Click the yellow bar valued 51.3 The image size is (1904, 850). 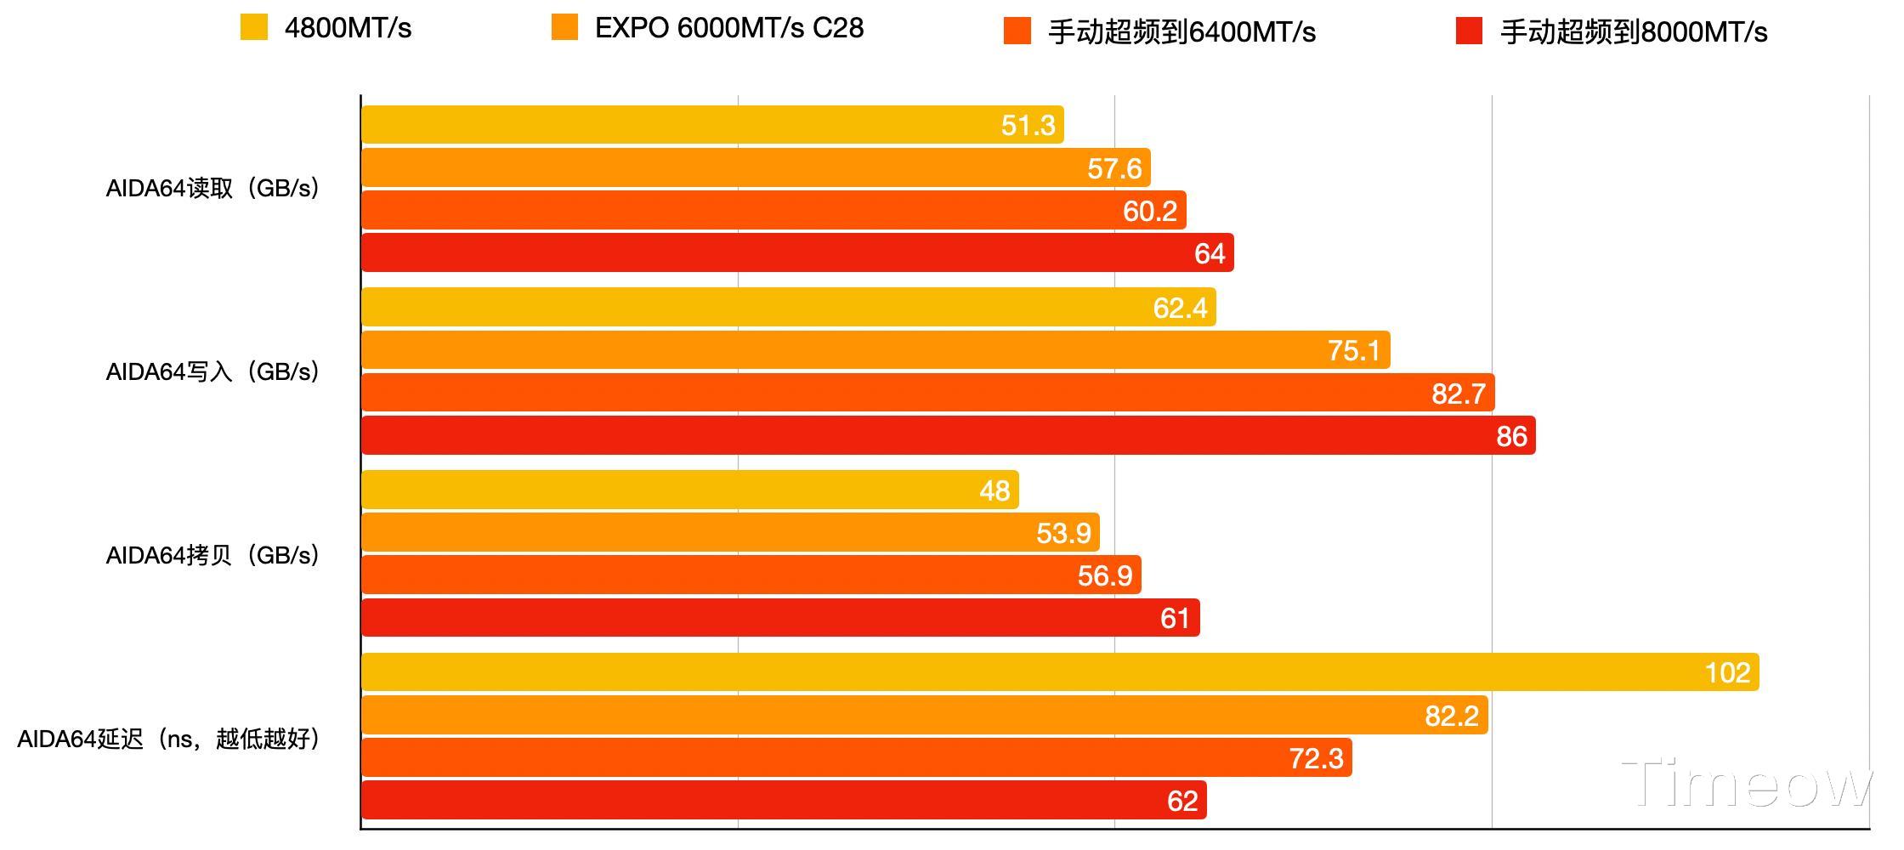pos(712,125)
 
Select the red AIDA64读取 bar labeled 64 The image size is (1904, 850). pos(797,253)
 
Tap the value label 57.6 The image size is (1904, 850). pos(1114,168)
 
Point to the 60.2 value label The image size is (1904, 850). pos(1149,211)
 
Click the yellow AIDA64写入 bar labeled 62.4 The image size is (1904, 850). pos(788,308)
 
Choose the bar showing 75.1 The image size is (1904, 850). pos(875,350)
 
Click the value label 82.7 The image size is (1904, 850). pos(1459,394)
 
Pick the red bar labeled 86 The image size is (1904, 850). pos(948,436)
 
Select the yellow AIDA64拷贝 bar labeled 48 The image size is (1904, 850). pos(689,490)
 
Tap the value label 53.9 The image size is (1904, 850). pos(1063,533)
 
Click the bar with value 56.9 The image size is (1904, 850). pos(751,575)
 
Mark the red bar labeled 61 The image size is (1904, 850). pos(780,618)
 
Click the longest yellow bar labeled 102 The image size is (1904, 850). pos(1060,672)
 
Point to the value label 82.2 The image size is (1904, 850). pos(1452,716)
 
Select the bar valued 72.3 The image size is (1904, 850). pos(856,758)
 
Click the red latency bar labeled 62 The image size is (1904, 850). pos(784,801)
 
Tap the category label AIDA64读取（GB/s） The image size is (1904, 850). pos(212,189)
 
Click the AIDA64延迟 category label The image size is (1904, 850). pos(168,739)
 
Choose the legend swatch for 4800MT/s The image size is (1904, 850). pos(254,28)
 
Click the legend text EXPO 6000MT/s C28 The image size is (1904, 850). pos(728,28)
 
